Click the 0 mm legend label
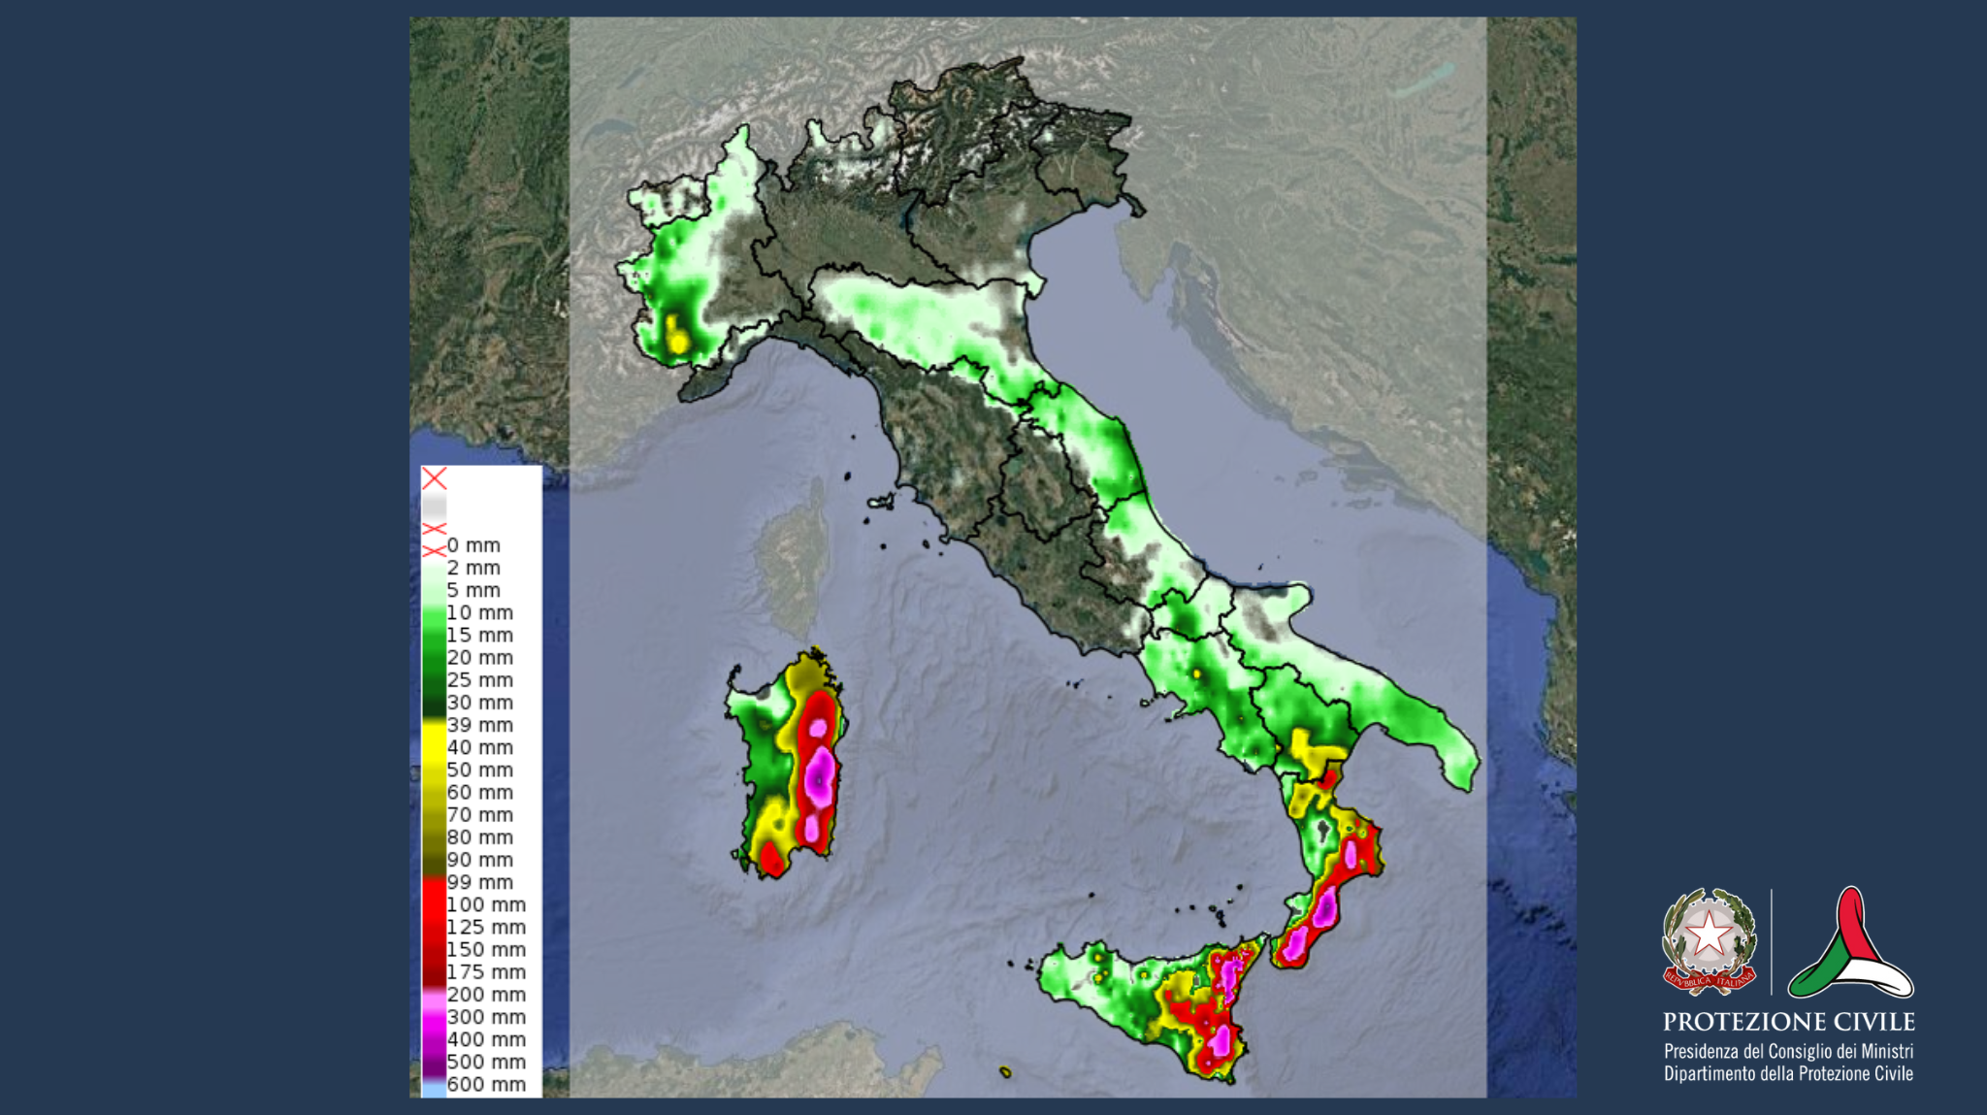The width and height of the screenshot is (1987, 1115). coord(473,545)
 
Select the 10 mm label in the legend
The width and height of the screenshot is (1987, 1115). coord(479,612)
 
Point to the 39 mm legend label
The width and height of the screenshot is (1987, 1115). coord(479,725)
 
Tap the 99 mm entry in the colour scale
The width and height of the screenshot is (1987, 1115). coord(479,882)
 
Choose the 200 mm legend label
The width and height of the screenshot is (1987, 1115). coord(486,995)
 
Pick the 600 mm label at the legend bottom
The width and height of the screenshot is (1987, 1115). coord(486,1084)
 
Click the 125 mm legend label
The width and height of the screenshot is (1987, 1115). coord(486,927)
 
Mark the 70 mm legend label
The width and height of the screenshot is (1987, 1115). coord(479,815)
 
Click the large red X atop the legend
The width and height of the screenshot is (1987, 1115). coord(434,478)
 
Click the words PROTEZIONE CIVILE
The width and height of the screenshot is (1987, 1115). coord(1788,1022)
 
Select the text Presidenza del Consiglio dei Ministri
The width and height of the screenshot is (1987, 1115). coord(1788,1051)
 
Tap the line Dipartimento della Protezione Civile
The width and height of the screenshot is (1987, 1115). coord(1788,1073)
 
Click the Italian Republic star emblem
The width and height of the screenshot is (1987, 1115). coord(1709,937)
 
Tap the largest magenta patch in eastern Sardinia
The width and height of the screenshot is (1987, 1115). coord(821,776)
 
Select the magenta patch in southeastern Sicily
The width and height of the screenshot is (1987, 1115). coord(1220,1040)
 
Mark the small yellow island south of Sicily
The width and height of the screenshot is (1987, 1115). coord(1005,1071)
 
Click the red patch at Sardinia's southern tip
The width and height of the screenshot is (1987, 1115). coord(771,859)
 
